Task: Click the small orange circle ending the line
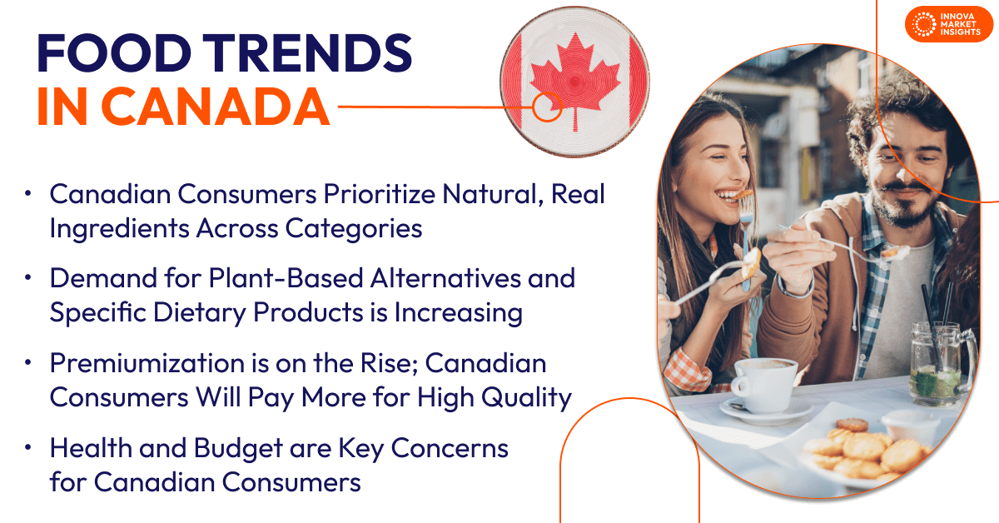pos(547,107)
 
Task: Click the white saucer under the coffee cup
pos(766,411)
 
